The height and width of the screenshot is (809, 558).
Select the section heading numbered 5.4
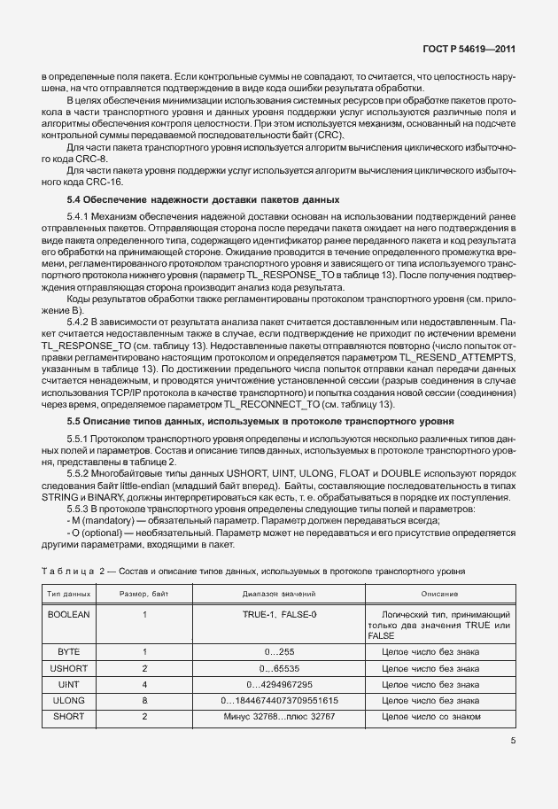tap(204, 199)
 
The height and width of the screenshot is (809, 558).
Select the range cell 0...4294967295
tap(280, 685)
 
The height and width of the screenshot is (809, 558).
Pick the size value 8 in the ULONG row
tap(143, 700)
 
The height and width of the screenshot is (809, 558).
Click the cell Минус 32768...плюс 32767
tap(280, 715)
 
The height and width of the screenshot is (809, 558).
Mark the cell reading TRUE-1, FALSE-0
tap(280, 613)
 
